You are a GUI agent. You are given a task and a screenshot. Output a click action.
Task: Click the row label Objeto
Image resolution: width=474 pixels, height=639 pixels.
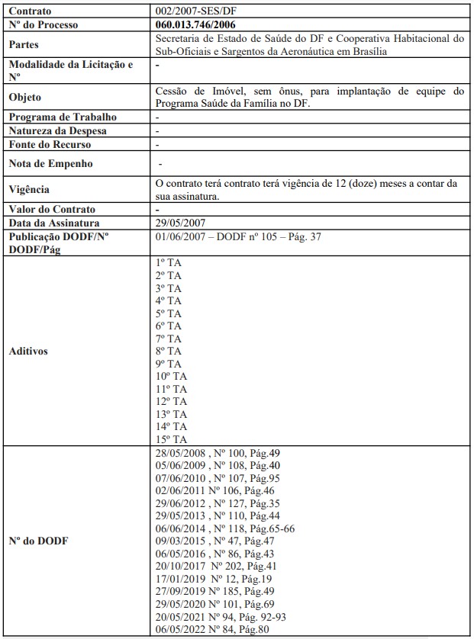point(25,98)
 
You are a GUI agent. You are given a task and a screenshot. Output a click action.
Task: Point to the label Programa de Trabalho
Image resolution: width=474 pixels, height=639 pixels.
point(63,117)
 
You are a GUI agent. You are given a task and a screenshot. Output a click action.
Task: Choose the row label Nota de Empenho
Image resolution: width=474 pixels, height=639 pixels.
point(50,163)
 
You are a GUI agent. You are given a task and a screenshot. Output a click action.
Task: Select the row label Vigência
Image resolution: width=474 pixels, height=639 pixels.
point(28,189)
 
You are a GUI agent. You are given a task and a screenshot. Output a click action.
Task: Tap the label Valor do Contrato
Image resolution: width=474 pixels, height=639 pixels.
point(52,209)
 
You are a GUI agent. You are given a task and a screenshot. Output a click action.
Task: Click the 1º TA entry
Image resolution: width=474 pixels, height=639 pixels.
point(168,263)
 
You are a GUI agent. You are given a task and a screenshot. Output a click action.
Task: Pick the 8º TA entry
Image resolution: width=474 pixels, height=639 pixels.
point(168,351)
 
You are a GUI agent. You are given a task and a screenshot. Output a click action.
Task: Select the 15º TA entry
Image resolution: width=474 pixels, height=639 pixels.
point(171,439)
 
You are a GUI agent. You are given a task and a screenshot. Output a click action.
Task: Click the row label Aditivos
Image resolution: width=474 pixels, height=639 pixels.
point(28,352)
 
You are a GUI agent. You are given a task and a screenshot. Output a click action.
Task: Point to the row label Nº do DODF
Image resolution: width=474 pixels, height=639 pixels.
point(38,541)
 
